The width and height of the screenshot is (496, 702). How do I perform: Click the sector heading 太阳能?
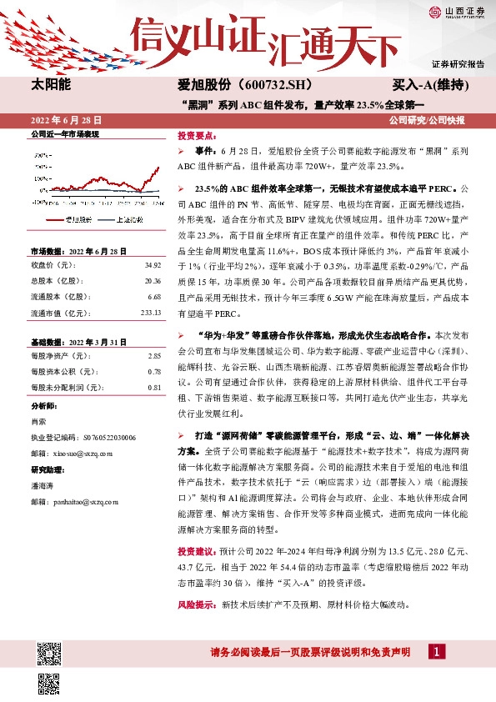point(51,85)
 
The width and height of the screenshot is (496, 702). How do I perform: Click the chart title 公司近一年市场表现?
point(65,133)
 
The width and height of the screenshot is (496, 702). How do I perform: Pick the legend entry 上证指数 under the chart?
point(129,219)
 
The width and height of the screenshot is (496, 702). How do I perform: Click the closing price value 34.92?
point(153,265)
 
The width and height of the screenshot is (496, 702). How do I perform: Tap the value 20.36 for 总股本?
point(153,281)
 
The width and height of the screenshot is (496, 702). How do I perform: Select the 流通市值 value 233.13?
point(151,313)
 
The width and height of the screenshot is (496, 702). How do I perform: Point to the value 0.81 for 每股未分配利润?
point(154,388)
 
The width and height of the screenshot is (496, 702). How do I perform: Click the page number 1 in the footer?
point(435,651)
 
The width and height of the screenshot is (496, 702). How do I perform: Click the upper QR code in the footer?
point(49,650)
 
